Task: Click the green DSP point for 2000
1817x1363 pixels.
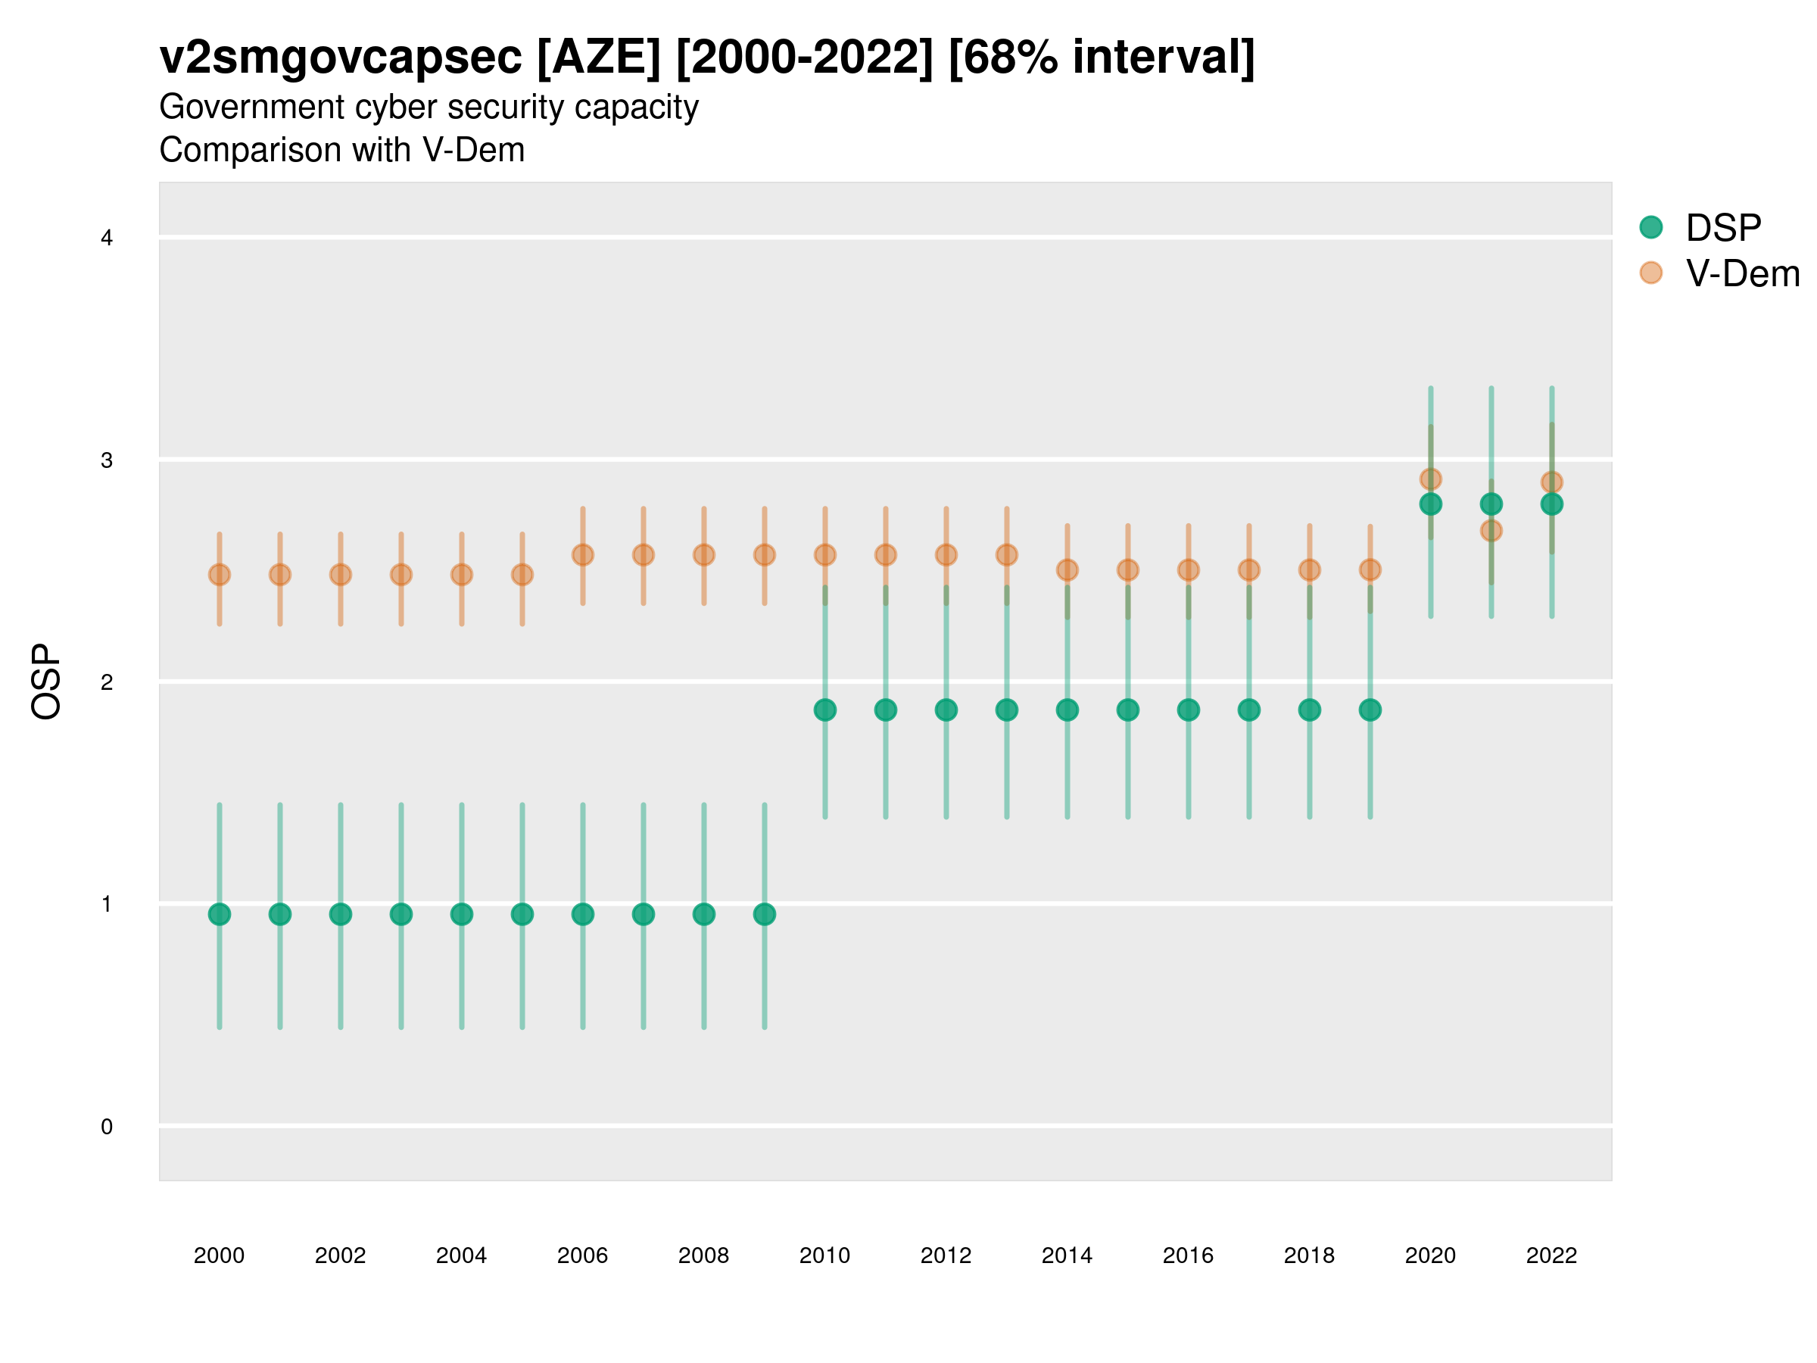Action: (x=220, y=914)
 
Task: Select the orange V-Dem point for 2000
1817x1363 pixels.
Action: (x=220, y=574)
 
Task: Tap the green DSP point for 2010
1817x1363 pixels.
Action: (x=824, y=710)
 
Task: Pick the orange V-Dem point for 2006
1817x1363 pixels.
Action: (x=582, y=554)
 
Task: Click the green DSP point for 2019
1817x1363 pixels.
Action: (x=1370, y=710)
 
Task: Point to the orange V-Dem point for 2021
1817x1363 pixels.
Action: (x=1491, y=531)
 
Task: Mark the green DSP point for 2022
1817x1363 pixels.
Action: (x=1552, y=504)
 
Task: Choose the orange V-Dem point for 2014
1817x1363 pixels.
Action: (x=1067, y=569)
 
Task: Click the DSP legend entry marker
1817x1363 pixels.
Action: (x=1651, y=226)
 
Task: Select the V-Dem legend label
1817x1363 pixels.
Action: (x=1742, y=273)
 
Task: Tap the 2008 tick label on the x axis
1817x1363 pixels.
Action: (x=703, y=1255)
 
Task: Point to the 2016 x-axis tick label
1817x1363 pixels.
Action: (x=1188, y=1255)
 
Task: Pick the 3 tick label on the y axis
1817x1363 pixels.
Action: (x=107, y=460)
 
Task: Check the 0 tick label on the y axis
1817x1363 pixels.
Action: (x=107, y=1127)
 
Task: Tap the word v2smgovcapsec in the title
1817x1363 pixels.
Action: (x=340, y=58)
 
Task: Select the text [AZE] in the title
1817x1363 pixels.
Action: (x=598, y=58)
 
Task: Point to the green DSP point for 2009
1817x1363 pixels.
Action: (x=764, y=914)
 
